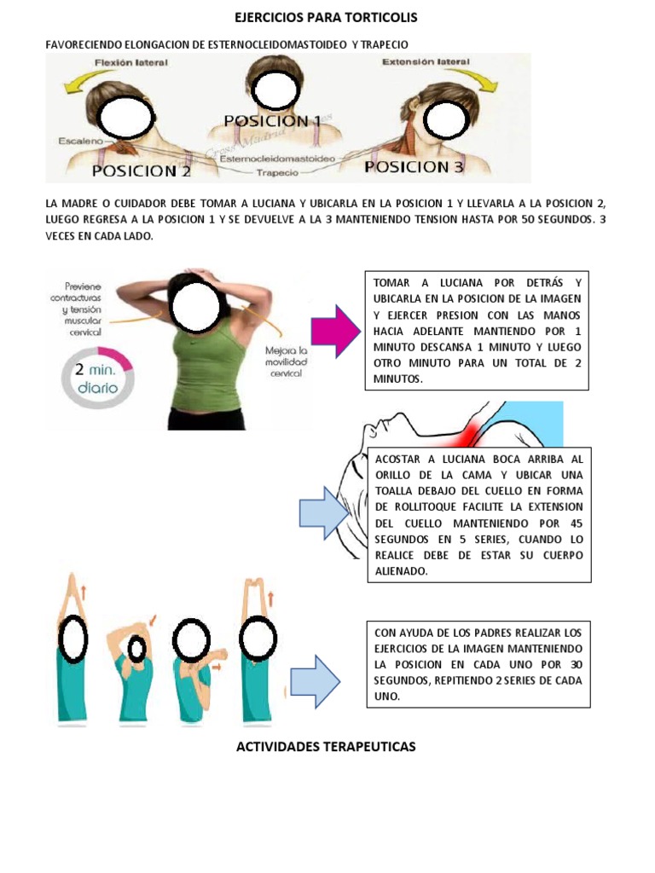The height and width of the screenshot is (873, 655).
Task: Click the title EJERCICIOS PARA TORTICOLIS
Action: [x=327, y=17]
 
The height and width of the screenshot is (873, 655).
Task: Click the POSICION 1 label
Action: [x=272, y=122]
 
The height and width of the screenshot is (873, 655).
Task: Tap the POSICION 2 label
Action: [x=141, y=171]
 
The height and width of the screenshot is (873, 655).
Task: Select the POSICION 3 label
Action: [x=414, y=167]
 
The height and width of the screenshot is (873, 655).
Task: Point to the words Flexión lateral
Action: [x=132, y=63]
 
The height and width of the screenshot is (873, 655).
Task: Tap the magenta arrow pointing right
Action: [x=337, y=332]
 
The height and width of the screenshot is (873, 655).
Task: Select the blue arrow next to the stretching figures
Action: [x=315, y=681]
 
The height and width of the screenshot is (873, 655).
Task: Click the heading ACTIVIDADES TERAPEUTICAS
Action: [x=325, y=747]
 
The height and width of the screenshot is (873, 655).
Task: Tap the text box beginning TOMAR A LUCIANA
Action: [x=477, y=331]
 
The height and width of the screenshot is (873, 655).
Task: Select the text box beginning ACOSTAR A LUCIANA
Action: [x=478, y=515]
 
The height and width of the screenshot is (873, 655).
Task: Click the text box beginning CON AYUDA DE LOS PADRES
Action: [x=477, y=665]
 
